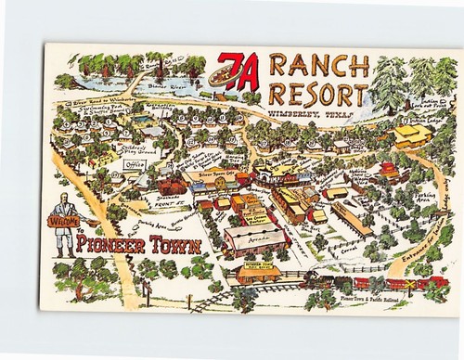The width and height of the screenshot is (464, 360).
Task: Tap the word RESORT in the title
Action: click(x=316, y=94)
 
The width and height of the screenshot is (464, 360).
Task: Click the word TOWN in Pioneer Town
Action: click(x=170, y=246)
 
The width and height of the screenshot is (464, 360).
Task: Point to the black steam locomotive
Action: click(x=316, y=281)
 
